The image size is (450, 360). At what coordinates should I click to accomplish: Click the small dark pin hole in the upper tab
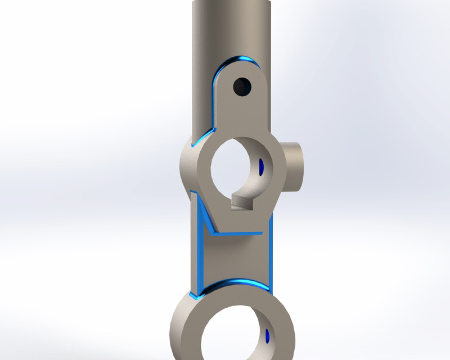point(243,86)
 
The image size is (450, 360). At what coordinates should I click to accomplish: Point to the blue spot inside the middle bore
point(261,166)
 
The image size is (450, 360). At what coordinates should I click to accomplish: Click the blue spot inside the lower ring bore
point(267,337)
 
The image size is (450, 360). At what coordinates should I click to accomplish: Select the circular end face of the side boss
point(298,166)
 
